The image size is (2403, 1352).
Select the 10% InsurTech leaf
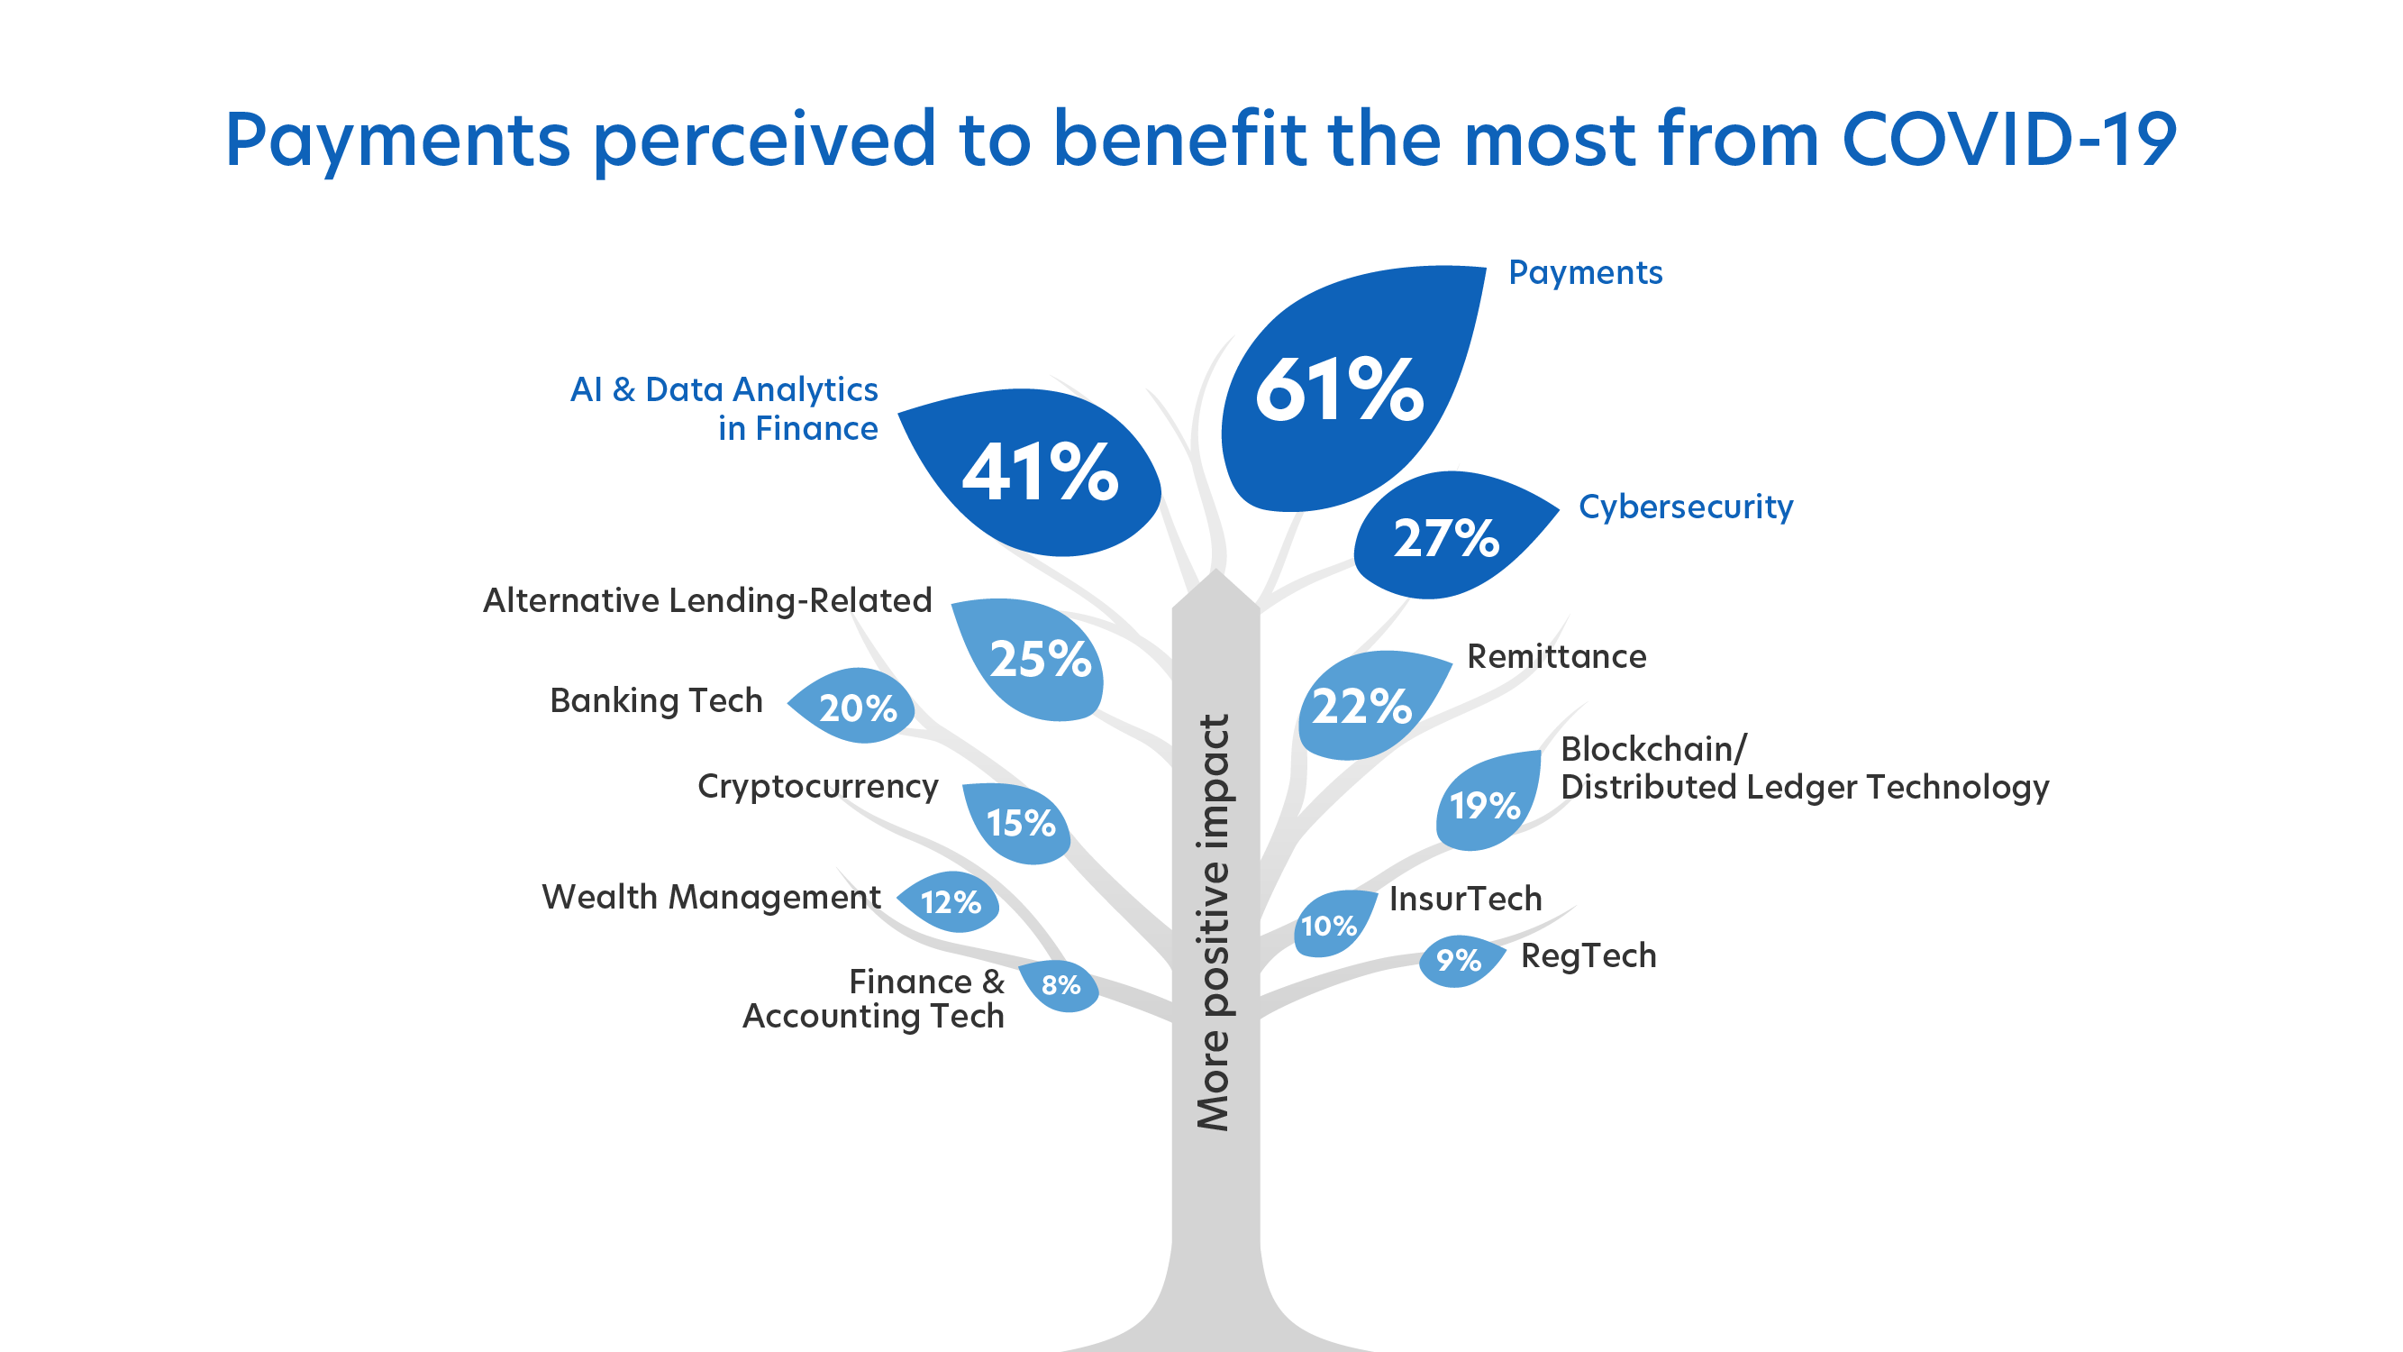(x=1331, y=925)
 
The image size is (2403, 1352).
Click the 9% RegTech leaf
(x=1459, y=960)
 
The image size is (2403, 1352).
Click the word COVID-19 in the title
(x=2009, y=140)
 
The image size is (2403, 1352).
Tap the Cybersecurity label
(x=1686, y=507)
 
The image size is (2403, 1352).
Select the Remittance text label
(x=1557, y=656)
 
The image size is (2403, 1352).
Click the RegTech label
(x=1588, y=956)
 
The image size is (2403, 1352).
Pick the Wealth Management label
(x=712, y=897)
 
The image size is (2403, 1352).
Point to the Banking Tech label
(x=657, y=699)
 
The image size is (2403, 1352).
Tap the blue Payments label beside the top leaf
(x=1586, y=272)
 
